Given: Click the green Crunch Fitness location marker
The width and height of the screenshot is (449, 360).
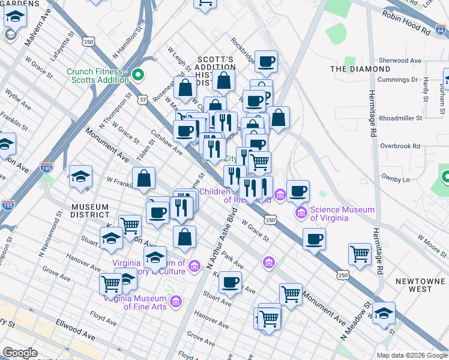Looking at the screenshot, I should (x=137, y=75).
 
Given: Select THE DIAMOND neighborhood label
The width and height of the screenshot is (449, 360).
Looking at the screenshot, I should (x=360, y=69).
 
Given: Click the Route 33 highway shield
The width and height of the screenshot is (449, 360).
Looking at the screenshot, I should (x=142, y=100).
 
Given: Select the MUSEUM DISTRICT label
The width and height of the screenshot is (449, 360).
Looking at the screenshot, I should (x=89, y=211).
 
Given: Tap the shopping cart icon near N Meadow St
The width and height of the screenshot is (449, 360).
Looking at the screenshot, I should (x=359, y=254).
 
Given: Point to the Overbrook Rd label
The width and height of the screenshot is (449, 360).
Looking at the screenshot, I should (x=400, y=146).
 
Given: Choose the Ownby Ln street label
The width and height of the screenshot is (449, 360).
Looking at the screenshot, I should (x=396, y=179).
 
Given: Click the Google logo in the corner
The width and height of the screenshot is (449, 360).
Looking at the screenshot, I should (x=20, y=353).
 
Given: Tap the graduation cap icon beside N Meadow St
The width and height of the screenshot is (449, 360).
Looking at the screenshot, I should (x=383, y=312).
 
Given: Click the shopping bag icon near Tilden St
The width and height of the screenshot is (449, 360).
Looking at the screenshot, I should (x=144, y=178).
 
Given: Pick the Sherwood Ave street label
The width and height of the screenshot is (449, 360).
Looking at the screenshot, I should (x=400, y=61).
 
